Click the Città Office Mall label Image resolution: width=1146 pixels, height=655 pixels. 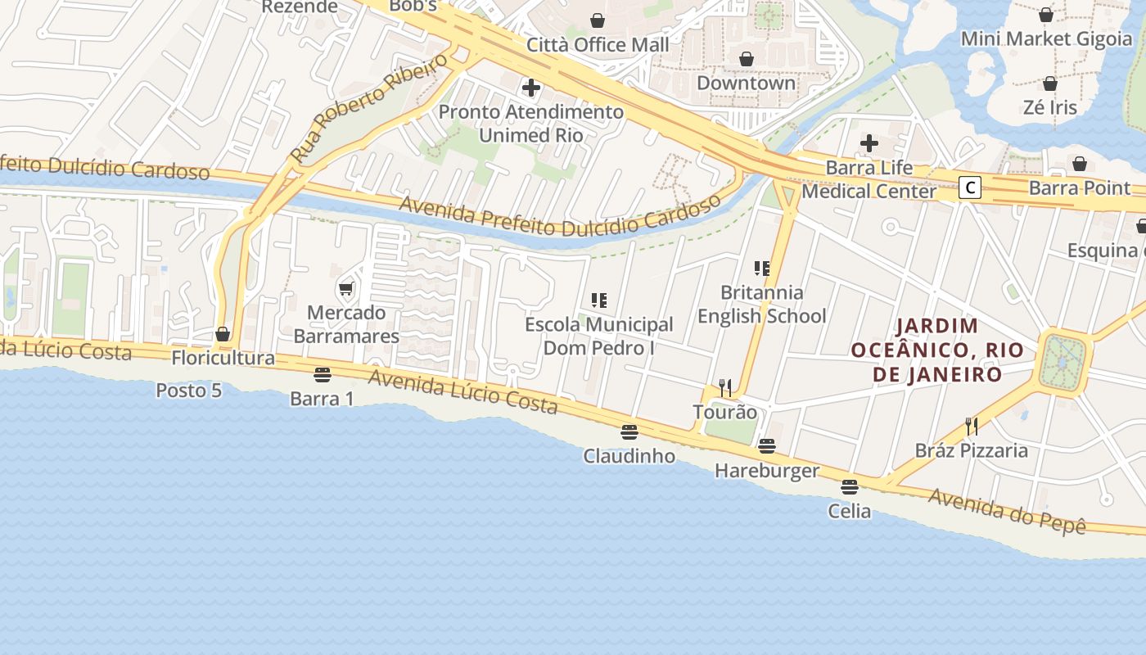598,45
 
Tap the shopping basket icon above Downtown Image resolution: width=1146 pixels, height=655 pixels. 746,59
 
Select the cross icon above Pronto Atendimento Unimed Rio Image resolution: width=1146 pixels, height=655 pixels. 531,87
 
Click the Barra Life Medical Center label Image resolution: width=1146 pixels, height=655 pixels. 869,180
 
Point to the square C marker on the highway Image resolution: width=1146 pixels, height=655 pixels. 970,187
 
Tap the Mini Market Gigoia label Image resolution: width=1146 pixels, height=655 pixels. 1046,38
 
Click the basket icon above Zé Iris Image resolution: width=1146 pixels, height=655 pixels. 1050,84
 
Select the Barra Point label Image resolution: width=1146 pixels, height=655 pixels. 1079,187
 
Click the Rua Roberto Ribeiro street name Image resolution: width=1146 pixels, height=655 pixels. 369,108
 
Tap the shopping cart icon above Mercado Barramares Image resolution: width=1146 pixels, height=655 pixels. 346,288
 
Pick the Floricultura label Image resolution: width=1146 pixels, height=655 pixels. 223,358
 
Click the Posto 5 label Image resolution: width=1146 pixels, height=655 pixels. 188,391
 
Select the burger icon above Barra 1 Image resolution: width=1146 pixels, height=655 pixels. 322,375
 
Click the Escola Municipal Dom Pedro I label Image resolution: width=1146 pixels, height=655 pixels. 598,337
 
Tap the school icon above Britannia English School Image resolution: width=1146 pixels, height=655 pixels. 762,268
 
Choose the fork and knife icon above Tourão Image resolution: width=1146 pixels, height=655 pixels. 724,387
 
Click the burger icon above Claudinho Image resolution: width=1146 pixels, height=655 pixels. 629,431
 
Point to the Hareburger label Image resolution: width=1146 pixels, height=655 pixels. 766,471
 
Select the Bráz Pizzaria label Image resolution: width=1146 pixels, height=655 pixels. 971,450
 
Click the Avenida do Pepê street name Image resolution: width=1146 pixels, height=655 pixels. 1007,510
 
